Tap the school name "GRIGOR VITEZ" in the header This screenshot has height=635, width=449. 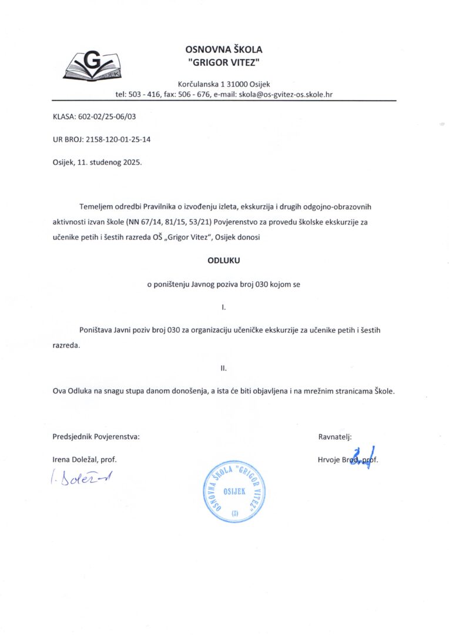click(224, 62)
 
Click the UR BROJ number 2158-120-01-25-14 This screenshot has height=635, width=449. click(122, 139)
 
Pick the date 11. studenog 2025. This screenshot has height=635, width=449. click(109, 162)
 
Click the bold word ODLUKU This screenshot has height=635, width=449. click(224, 259)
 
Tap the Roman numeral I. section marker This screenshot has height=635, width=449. click(223, 307)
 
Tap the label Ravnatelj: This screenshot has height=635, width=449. click(334, 436)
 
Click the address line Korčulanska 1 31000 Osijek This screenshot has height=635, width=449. click(224, 83)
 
